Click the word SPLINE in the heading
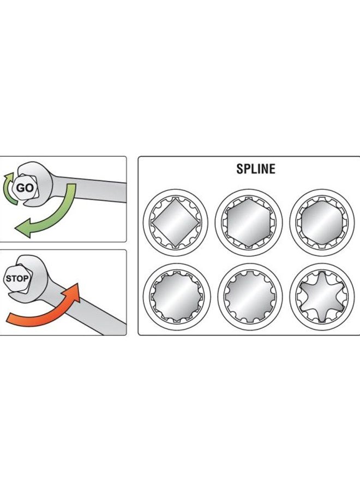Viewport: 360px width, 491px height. (256, 169)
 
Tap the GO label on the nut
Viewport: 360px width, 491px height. (25, 188)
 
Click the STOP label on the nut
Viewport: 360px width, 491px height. (17, 278)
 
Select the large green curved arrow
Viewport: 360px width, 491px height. (47, 213)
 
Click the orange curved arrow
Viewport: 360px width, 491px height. (44, 308)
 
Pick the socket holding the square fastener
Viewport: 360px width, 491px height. (175, 223)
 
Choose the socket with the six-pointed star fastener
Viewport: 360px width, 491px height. (322, 296)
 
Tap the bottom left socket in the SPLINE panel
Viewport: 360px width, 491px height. (177, 296)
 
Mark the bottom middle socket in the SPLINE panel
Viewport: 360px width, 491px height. (250, 296)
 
